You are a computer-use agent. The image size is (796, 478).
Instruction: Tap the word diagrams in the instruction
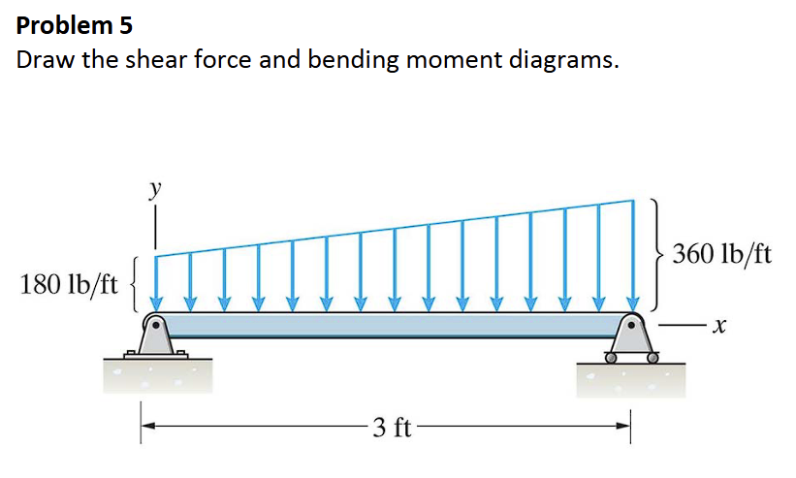pyautogui.click(x=558, y=60)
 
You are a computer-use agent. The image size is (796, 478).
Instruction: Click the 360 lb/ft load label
pyautogui.click(x=722, y=255)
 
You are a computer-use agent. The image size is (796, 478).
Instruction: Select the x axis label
pyautogui.click(x=718, y=329)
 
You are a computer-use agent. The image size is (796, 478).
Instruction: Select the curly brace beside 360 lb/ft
pyautogui.click(x=656, y=255)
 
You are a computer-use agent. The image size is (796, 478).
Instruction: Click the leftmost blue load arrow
pyautogui.click(x=157, y=282)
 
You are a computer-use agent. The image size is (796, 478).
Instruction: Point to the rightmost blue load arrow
pyautogui.click(x=634, y=257)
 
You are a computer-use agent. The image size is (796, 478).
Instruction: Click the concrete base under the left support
pyautogui.click(x=155, y=378)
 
